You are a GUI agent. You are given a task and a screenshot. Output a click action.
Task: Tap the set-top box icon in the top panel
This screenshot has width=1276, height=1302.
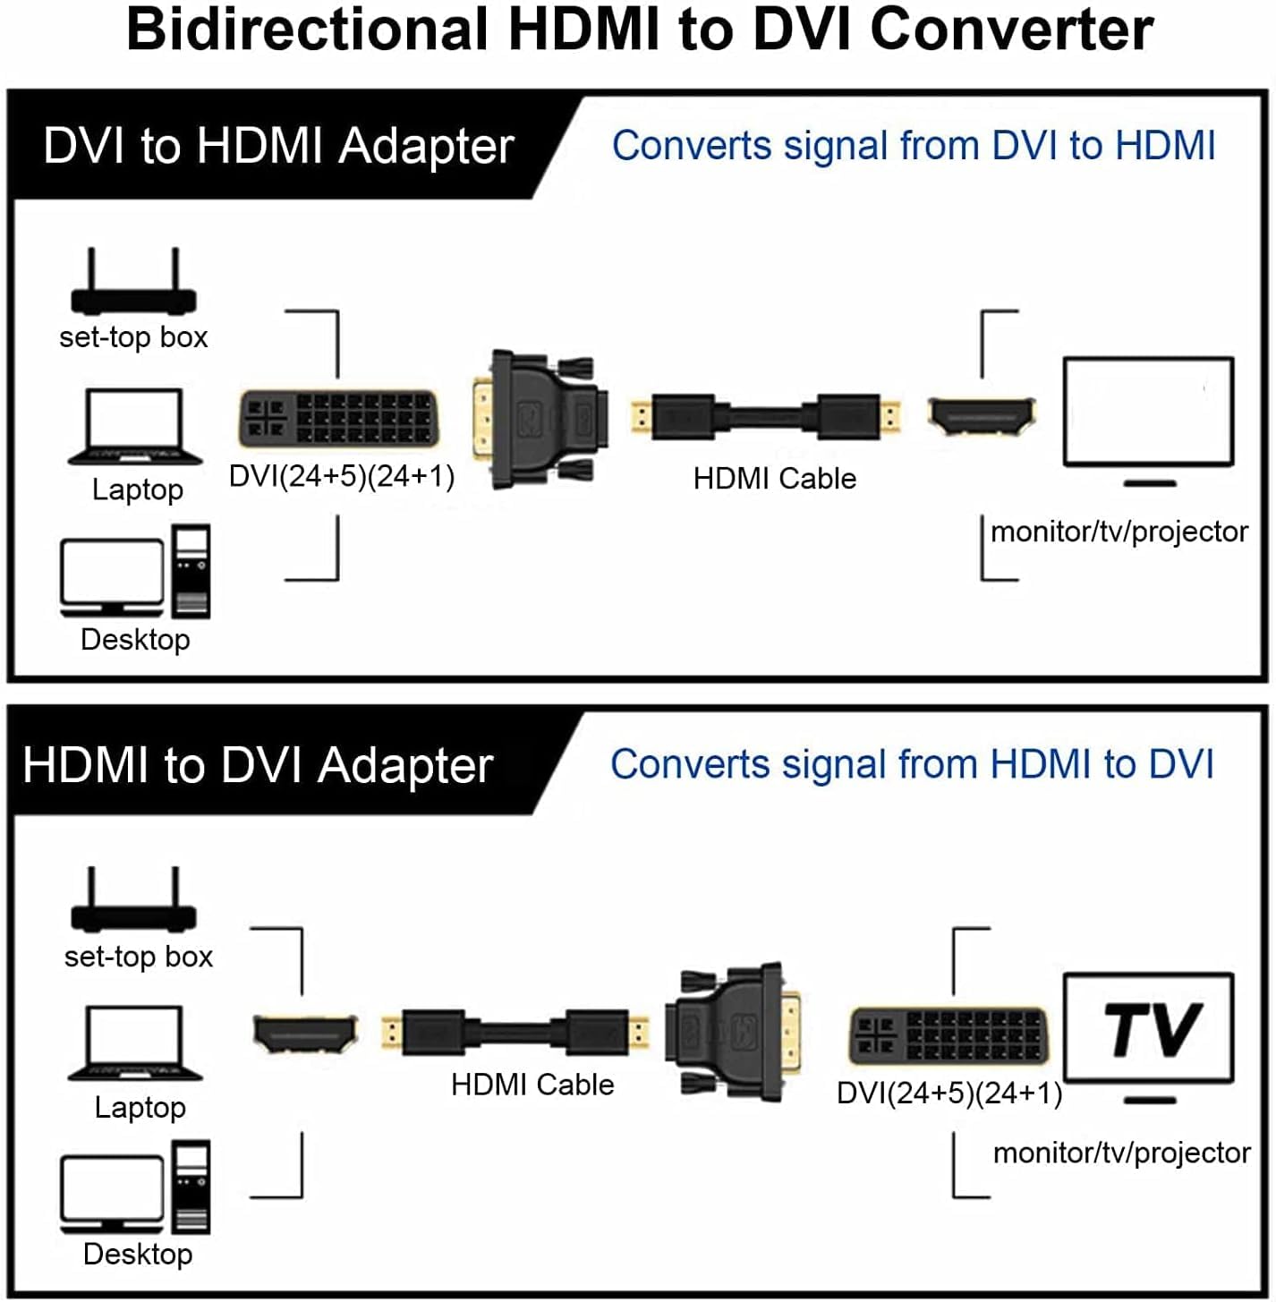(133, 285)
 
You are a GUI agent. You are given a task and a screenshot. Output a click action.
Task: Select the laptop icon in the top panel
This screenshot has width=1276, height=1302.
(135, 427)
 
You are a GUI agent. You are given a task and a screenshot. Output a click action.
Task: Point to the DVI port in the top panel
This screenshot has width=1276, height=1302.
(338, 418)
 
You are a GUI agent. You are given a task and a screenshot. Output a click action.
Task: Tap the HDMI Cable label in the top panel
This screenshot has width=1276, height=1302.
(774, 479)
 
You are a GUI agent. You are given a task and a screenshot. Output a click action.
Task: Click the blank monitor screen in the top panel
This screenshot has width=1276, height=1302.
(1148, 412)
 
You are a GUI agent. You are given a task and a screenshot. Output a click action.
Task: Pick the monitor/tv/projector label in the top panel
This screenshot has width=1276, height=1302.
(1119, 532)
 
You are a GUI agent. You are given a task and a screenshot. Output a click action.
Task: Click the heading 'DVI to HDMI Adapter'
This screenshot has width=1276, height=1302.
(278, 146)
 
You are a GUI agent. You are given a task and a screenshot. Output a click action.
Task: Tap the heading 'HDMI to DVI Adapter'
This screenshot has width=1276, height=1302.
(258, 766)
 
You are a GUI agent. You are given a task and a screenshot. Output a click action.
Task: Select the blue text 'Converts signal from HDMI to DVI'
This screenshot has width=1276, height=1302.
(912, 765)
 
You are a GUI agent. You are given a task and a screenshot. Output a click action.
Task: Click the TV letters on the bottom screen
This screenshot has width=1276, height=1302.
(1151, 1030)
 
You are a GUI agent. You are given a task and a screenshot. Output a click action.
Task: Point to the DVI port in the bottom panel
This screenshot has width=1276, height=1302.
(948, 1036)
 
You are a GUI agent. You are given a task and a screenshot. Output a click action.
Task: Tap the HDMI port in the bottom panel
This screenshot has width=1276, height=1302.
(305, 1034)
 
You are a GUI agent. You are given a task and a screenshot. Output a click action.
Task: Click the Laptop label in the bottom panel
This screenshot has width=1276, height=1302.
(140, 1108)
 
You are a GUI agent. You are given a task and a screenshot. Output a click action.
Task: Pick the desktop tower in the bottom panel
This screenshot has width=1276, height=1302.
(191, 1187)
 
